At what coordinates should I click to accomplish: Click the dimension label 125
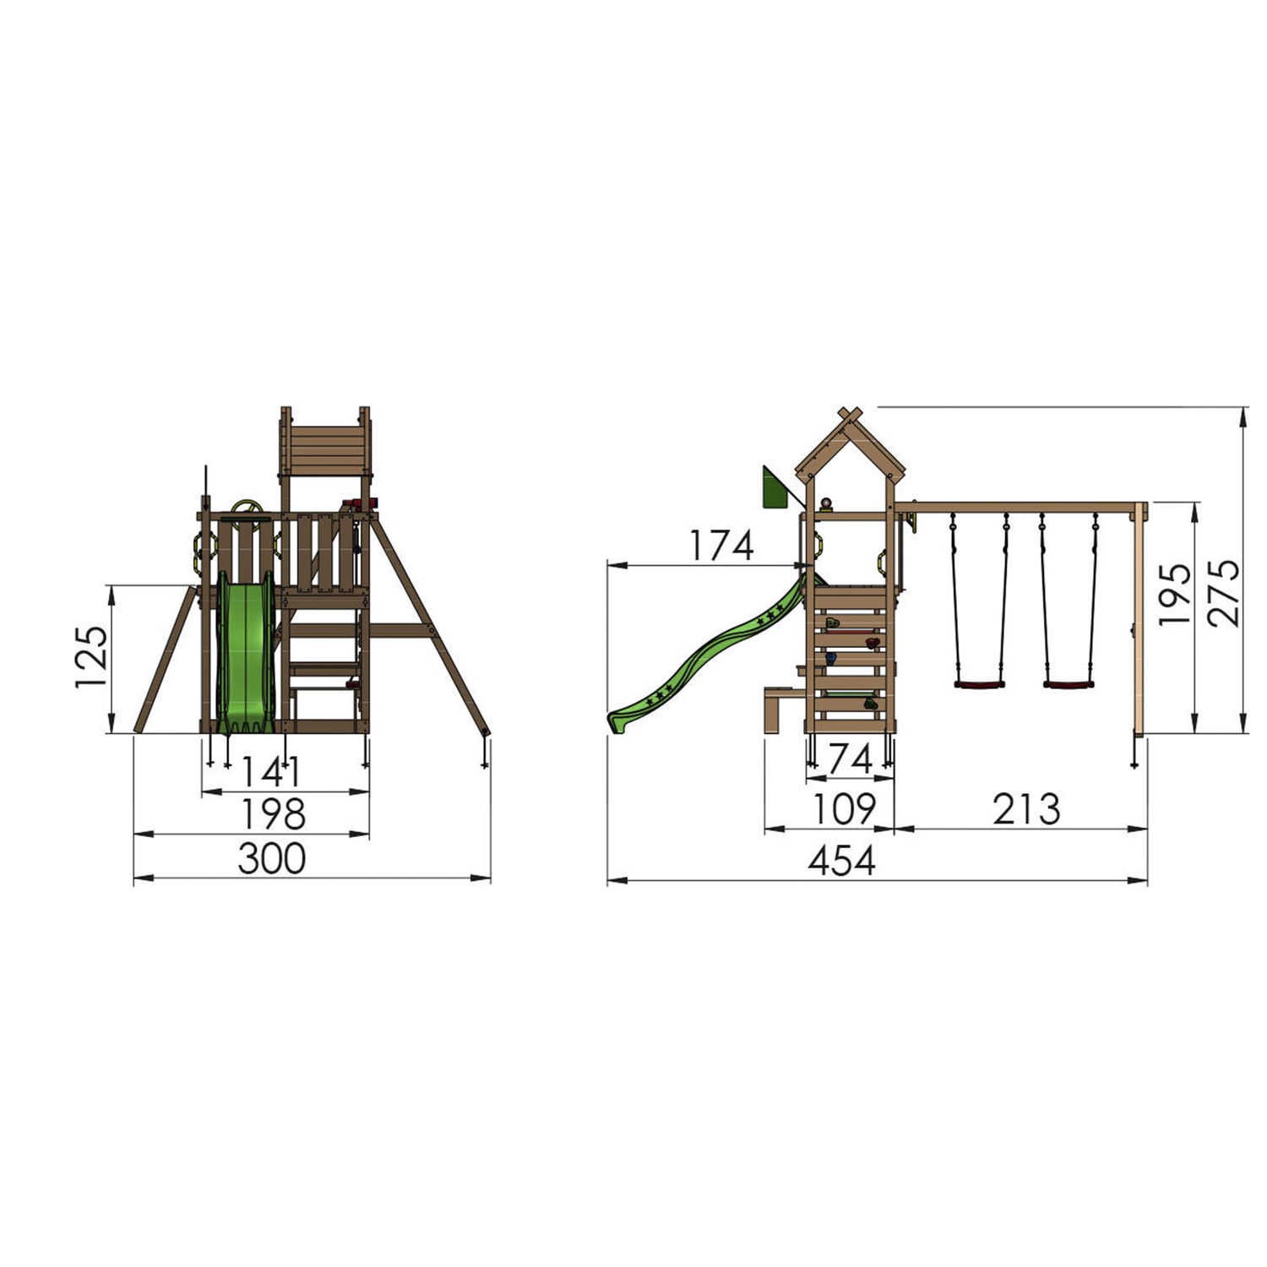point(92,657)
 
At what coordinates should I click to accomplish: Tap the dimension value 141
point(271,771)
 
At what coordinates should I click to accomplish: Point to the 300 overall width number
point(272,859)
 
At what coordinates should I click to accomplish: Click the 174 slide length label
point(721,546)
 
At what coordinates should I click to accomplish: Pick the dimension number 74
point(851,759)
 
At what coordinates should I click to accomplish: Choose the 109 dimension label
point(844,809)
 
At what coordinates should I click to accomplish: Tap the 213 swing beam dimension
point(1026,809)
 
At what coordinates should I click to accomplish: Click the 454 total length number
point(842,862)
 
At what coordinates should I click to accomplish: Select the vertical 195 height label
point(1175,594)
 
